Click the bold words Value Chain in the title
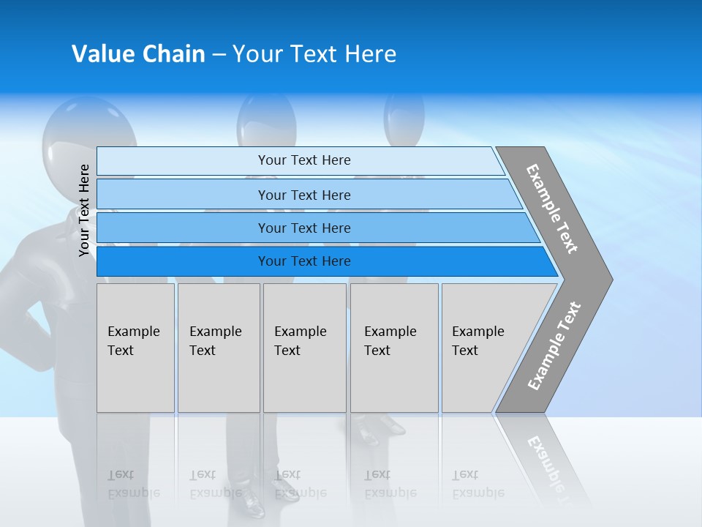tap(138, 54)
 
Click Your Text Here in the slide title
tap(314, 54)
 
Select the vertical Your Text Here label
tap(84, 211)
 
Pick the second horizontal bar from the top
tap(303, 195)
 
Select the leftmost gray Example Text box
tap(135, 348)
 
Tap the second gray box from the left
tap(219, 348)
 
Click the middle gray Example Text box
tap(304, 348)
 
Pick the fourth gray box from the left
tap(394, 348)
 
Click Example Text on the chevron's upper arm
tap(552, 209)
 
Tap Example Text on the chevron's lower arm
tap(554, 346)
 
